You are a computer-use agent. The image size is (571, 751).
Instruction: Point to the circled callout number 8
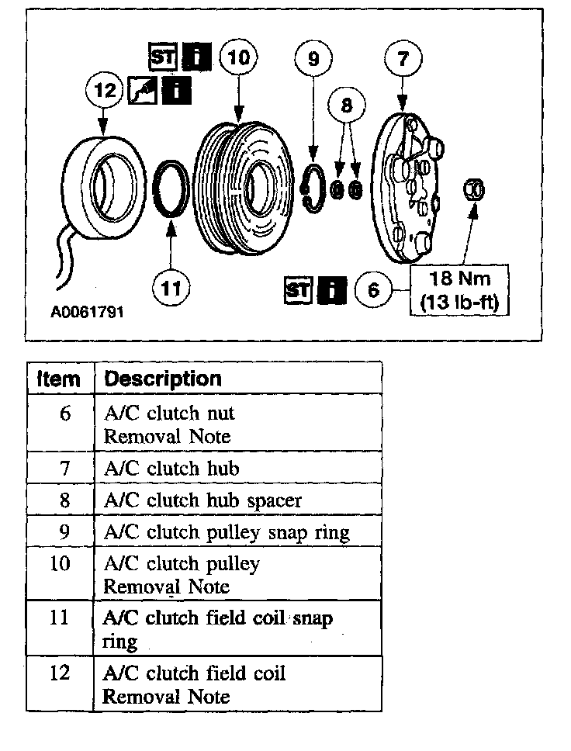[x=347, y=103]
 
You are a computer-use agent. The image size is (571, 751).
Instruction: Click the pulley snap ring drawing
[x=313, y=189]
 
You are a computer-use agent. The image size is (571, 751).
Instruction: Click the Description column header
[x=162, y=379]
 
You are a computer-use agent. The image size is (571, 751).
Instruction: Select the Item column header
[x=59, y=379]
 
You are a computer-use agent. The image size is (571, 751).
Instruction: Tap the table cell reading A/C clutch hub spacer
[x=202, y=500]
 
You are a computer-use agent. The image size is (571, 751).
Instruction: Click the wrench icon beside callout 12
[x=142, y=90]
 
